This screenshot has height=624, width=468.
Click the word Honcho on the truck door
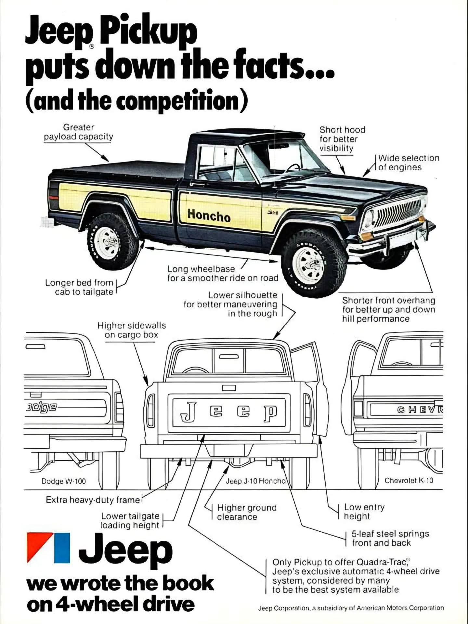pos(209,215)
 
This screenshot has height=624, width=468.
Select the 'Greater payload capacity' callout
pos(79,132)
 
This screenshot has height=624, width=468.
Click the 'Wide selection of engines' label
pos(408,163)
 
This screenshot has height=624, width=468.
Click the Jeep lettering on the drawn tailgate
pos(229,411)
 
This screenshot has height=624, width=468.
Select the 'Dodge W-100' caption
pos(64,481)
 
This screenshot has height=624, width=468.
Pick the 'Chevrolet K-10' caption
pos(409,480)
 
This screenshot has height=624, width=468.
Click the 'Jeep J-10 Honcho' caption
pos(255,481)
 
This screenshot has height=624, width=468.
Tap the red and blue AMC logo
pos(48,548)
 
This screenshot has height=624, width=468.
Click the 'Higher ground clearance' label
pos(247,513)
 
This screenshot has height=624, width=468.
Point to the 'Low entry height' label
pos(364,512)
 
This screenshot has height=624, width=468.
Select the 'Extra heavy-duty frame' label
pos(93,500)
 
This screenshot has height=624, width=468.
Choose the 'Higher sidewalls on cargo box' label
pos(131,330)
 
